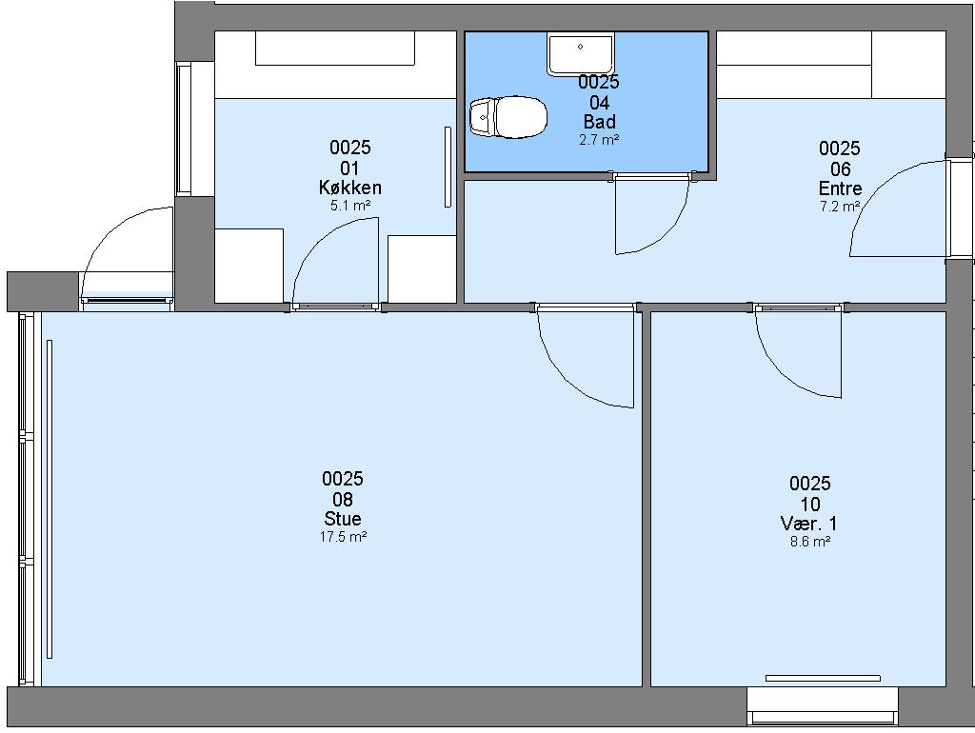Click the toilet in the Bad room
point(508,117)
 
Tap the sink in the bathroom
point(580,55)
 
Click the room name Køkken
point(350,188)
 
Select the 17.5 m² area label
point(343,537)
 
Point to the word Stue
point(343,519)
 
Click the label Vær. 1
point(809,523)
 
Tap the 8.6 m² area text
point(810,542)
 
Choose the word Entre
point(840,188)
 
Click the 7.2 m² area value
point(840,207)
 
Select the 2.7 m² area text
point(599,140)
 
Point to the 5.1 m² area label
point(350,206)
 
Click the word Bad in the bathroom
point(600,121)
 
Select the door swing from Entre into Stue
point(563,383)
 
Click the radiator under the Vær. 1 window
point(823,678)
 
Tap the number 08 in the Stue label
point(343,499)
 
